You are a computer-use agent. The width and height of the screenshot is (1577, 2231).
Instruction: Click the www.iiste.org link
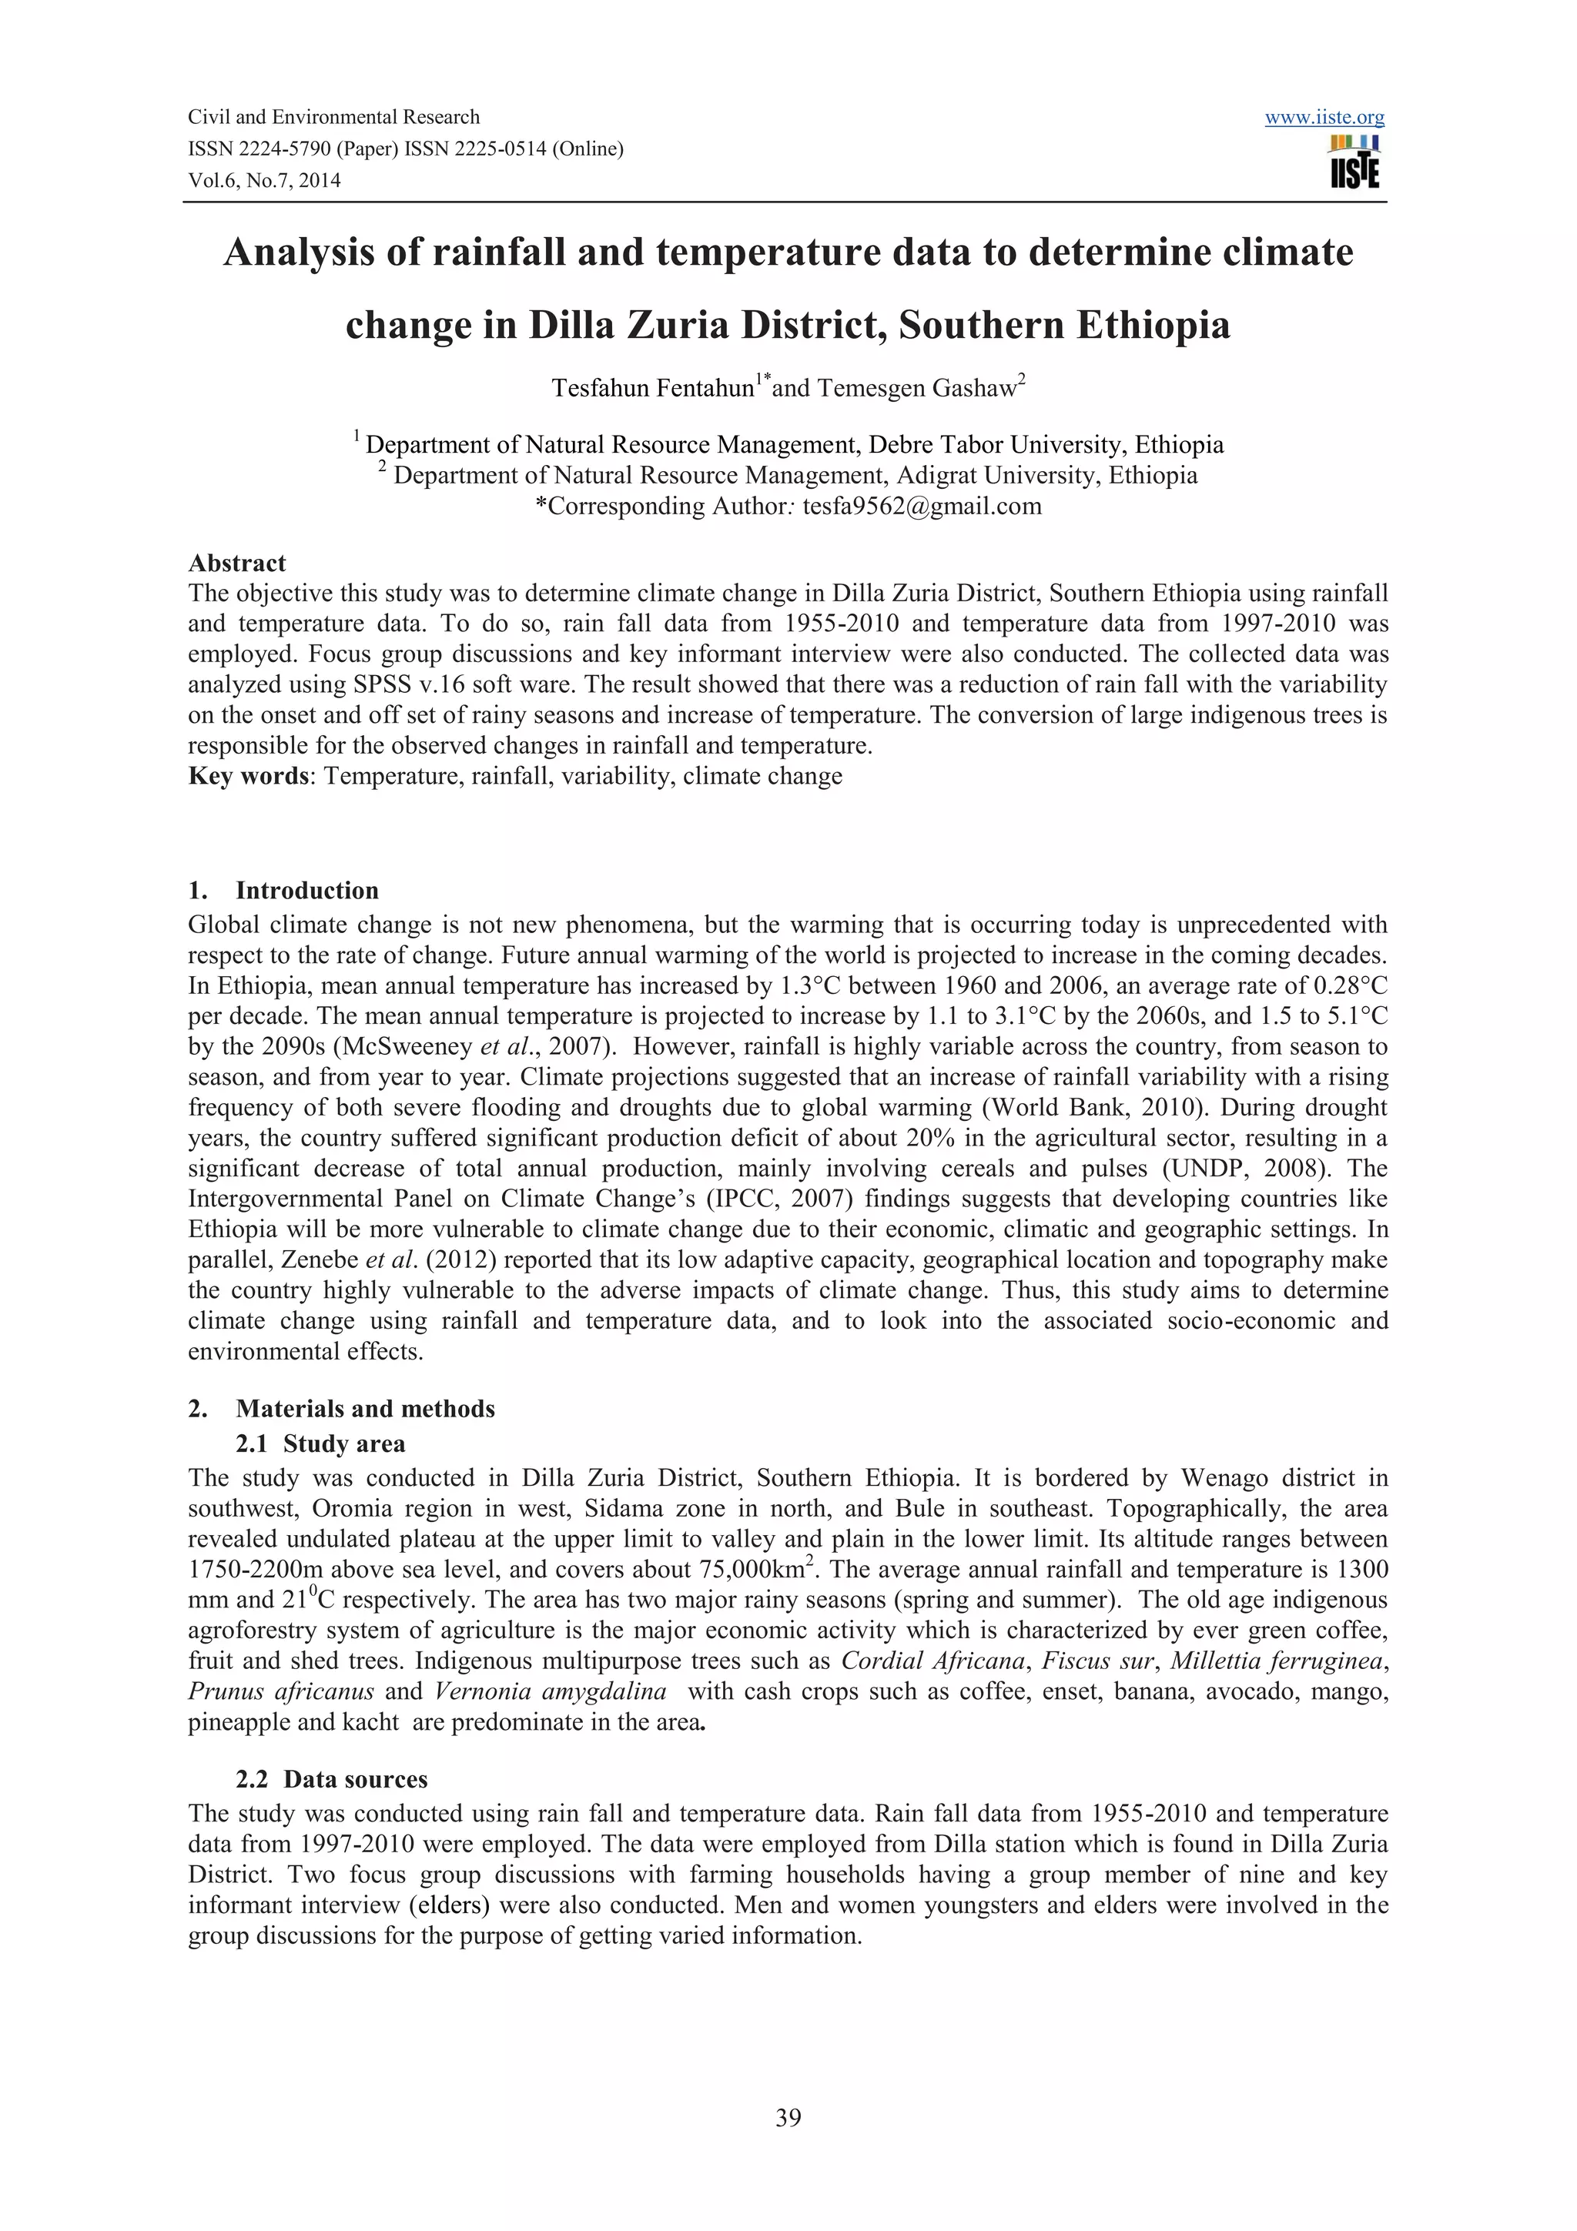[1324, 118]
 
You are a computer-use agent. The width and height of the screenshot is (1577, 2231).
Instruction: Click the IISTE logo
[1354, 162]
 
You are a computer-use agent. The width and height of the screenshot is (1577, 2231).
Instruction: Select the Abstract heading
[237, 564]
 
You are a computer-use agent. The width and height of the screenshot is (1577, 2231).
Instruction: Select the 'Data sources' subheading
[355, 1779]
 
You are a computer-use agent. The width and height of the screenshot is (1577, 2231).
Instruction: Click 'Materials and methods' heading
[364, 1409]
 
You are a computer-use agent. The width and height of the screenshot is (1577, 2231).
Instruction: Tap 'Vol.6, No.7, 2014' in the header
[264, 180]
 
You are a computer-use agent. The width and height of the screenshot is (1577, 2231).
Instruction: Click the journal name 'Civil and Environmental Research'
[333, 118]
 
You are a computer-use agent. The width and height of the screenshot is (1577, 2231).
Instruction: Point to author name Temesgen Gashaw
[916, 389]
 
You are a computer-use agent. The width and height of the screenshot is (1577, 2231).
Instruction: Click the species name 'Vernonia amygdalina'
[550, 1691]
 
